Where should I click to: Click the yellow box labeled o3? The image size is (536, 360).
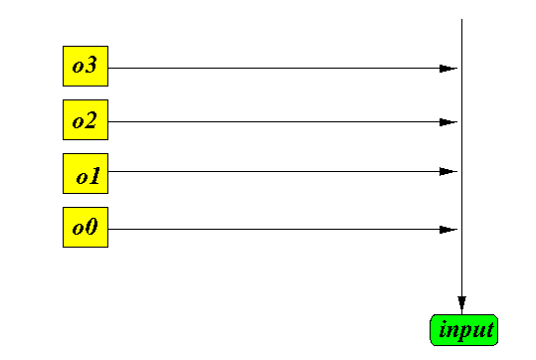pyautogui.click(x=86, y=66)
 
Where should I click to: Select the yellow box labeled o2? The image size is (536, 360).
pyautogui.click(x=86, y=119)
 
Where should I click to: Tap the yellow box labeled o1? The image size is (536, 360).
pyautogui.click(x=86, y=173)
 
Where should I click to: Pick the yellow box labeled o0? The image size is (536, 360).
pyautogui.click(x=86, y=227)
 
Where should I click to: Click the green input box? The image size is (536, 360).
pyautogui.click(x=463, y=330)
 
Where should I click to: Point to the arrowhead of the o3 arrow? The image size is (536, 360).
pyautogui.click(x=448, y=69)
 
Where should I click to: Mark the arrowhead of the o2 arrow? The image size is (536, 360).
pyautogui.click(x=448, y=122)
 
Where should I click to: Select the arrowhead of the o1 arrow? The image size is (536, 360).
pyautogui.click(x=448, y=171)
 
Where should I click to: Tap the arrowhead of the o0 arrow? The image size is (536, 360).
pyautogui.click(x=448, y=230)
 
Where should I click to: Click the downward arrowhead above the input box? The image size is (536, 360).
pyautogui.click(x=461, y=303)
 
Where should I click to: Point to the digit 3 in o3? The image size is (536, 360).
pyautogui.click(x=90, y=65)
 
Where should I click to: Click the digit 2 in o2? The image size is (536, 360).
pyautogui.click(x=90, y=119)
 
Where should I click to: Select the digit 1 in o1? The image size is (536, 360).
pyautogui.click(x=94, y=175)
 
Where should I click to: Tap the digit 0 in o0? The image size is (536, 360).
pyautogui.click(x=91, y=227)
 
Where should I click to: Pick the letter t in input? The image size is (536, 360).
pyautogui.click(x=490, y=329)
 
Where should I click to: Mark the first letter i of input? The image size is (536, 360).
pyautogui.click(x=444, y=329)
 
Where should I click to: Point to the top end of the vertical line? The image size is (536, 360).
pyautogui.click(x=461, y=19)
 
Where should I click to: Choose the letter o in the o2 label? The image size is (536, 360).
pyautogui.click(x=78, y=122)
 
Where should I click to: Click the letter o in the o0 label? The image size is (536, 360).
pyautogui.click(x=78, y=230)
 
